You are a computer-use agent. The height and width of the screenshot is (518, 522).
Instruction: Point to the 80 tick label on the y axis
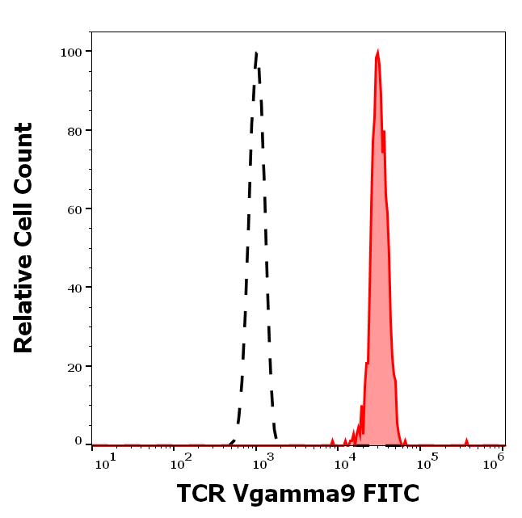pos(74,130)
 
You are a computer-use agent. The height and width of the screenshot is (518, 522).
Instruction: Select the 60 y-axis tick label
pos(74,209)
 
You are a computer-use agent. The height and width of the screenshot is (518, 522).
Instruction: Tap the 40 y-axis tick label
pos(74,288)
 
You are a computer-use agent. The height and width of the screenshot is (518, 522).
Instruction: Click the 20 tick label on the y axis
pos(74,366)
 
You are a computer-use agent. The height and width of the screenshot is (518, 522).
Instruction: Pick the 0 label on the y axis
pos(78,441)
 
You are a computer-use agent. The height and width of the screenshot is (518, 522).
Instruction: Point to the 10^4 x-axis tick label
pos(347,460)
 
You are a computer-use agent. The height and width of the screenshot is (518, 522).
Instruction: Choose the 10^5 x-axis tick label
pos(427,460)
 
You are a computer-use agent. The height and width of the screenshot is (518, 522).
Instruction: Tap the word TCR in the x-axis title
pos(199,493)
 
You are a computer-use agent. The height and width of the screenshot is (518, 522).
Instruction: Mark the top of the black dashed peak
pos(256,53)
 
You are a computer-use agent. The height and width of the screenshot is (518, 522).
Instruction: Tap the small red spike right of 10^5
pos(466,441)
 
